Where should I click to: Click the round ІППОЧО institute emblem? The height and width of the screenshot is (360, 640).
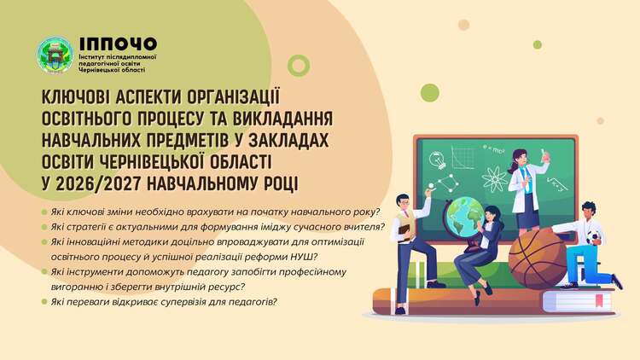coord(55,56)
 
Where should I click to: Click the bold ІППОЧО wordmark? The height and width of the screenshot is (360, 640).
coord(118,44)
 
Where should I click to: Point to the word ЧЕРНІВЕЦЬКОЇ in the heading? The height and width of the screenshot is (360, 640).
coord(154,161)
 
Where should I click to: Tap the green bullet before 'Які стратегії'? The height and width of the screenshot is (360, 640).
coord(44,227)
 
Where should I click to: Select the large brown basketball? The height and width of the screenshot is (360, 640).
coord(538,258)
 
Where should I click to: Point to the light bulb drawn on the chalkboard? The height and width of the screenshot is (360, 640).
coord(437,160)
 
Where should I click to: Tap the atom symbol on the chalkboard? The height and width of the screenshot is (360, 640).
coord(494,179)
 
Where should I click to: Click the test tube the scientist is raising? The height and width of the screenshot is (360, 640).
coord(544,155)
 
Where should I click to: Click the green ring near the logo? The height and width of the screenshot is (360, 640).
coord(299,66)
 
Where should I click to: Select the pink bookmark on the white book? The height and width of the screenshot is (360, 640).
coord(599,300)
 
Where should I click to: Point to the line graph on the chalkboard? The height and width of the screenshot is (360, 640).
coord(463,157)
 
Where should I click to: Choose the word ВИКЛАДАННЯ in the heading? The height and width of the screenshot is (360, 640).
coord(282,119)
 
